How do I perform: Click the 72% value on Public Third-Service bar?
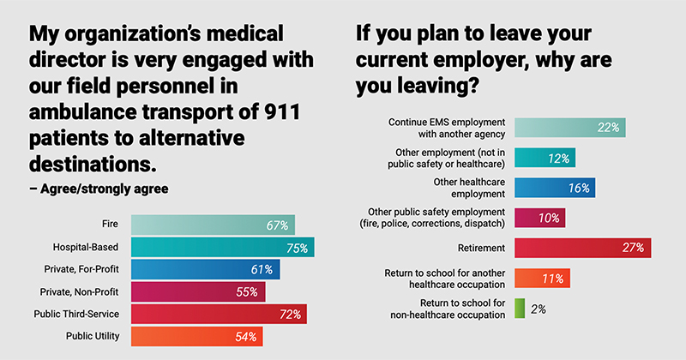(289, 315)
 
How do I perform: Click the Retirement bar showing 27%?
(582, 248)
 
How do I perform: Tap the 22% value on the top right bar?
(609, 128)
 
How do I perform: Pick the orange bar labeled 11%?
(542, 279)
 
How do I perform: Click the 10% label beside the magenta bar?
(548, 218)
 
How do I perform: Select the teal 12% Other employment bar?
(545, 158)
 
